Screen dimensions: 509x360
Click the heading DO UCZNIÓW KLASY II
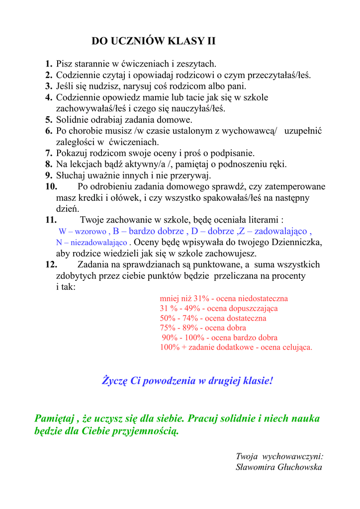(x=153, y=41)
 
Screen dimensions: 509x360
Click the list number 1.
(x=49, y=64)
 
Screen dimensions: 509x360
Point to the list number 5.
(x=49, y=120)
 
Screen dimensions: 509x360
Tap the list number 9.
(x=49, y=175)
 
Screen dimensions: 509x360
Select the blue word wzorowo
(x=90, y=232)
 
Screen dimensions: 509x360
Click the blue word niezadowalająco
(x=99, y=243)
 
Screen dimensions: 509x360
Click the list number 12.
(x=51, y=264)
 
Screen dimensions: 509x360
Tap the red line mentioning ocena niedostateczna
(x=224, y=299)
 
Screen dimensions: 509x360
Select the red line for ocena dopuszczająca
(x=219, y=308)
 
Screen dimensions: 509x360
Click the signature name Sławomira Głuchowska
(x=279, y=467)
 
